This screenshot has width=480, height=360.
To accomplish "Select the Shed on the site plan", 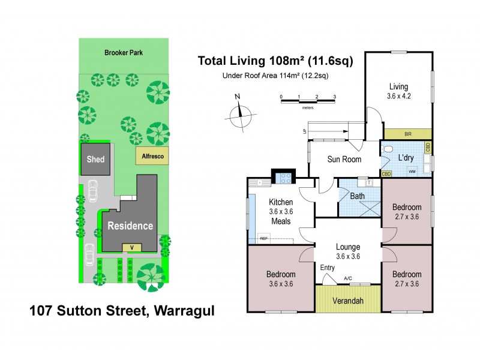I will coord(95,159).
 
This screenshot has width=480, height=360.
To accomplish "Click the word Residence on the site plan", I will coord(130,226).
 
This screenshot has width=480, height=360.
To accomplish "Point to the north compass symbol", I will coord(241,113).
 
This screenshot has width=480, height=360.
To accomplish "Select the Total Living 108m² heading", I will coord(276,61).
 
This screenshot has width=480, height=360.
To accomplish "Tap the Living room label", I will coord(399,90).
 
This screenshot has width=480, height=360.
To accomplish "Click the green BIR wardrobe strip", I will coord(407,134).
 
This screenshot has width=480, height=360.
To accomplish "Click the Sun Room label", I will coord(344,159).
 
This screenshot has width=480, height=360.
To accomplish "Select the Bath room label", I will coord(358,196).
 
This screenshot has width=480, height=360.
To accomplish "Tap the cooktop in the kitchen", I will coord(283,178).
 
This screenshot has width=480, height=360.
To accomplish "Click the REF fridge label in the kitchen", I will coord(263,239).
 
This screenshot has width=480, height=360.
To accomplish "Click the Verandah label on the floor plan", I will coord(349,298).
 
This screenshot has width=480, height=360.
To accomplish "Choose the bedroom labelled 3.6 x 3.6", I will coord(280,279).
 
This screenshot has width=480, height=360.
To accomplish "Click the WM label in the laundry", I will coord(412,172).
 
